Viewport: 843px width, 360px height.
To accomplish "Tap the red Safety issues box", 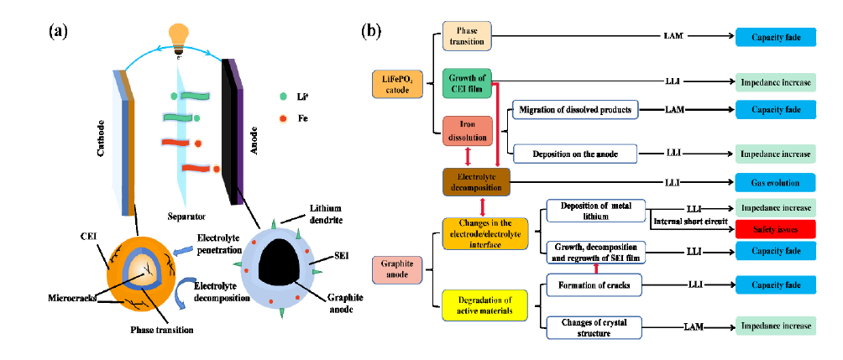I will pos(774,228).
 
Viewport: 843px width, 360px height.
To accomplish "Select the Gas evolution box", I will pos(774,181).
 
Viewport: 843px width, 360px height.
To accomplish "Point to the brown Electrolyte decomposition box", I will pos(476,182).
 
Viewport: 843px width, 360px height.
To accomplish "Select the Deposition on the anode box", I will pos(574,154).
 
